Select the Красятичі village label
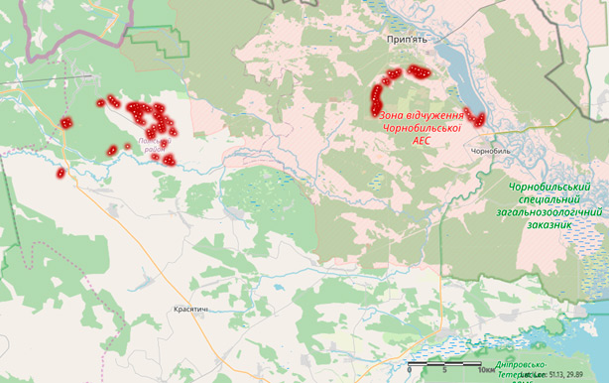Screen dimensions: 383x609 pyautogui.click(x=191, y=310)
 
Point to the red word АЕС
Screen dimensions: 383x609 pyautogui.click(x=422, y=142)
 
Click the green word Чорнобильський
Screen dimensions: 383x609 pyautogui.click(x=548, y=187)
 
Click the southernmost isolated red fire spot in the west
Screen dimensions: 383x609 pyautogui.click(x=61, y=174)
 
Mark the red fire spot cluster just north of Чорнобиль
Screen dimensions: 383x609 pyautogui.click(x=475, y=118)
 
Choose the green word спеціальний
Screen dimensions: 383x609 pyautogui.click(x=548, y=199)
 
